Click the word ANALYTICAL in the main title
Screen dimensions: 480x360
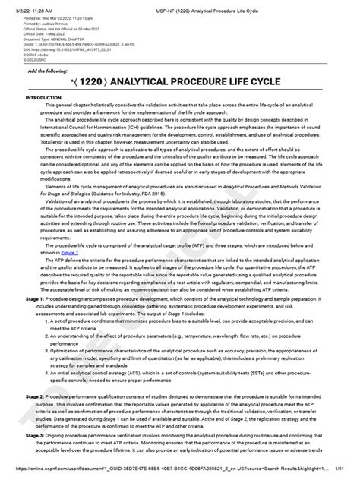(x=161, y=81)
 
